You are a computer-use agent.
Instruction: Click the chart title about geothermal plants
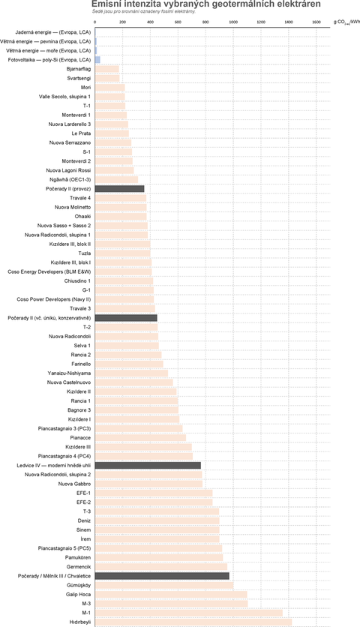click(206, 4)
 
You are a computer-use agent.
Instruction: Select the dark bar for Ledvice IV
click(148, 466)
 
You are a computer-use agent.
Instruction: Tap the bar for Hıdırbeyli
click(193, 622)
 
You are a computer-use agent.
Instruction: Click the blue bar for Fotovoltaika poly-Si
click(97, 60)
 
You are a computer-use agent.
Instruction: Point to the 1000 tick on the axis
click(233, 22)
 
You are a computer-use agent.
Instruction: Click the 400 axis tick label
click(151, 22)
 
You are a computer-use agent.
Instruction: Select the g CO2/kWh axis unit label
click(346, 22)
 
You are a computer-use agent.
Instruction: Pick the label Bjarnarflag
click(79, 69)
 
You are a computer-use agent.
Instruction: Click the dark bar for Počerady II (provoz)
click(119, 189)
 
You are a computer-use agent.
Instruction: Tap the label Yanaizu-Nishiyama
click(69, 373)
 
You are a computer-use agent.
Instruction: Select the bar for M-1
click(189, 613)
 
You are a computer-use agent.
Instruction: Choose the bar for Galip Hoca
click(171, 595)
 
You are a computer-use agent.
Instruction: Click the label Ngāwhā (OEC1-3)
click(70, 179)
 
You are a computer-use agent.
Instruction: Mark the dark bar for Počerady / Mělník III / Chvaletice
click(162, 576)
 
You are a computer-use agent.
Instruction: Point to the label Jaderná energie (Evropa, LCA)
click(53, 32)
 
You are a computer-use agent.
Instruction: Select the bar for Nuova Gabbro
click(148, 484)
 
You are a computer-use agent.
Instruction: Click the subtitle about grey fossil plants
click(143, 11)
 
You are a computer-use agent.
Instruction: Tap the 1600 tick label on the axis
click(316, 22)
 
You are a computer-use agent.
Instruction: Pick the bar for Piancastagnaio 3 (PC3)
click(139, 429)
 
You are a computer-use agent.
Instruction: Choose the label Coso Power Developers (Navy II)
click(53, 299)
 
